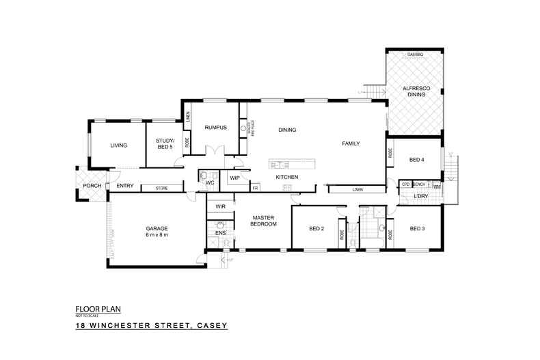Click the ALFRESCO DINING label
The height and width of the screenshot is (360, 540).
coord(414,92)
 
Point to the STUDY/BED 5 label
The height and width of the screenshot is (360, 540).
coord(161,143)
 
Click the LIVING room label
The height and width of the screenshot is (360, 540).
coord(120,145)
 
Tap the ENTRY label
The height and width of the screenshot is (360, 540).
coord(124,186)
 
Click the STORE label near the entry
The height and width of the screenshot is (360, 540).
coord(162,188)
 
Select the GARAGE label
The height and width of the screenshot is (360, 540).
coord(157,228)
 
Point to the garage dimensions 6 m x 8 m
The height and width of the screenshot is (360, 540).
coord(157,235)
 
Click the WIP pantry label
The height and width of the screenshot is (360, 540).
coord(234,178)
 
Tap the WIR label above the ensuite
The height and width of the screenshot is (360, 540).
coord(221,206)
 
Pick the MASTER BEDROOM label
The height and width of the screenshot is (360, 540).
coord(263,221)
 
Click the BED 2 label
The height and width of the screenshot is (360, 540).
coord(316,228)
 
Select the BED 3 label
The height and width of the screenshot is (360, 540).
coord(417,228)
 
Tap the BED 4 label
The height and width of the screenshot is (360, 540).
coord(417,160)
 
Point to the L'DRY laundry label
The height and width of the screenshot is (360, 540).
coord(422,197)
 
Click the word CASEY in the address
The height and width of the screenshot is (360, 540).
coord(211,327)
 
